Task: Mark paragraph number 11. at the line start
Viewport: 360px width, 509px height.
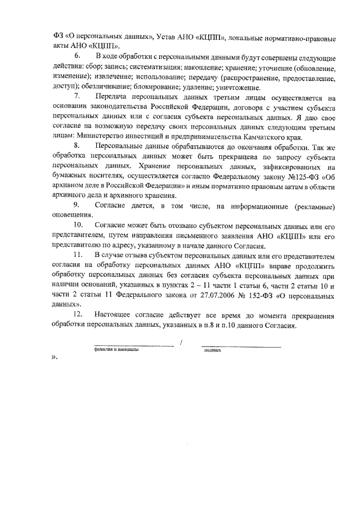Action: [79, 257]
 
